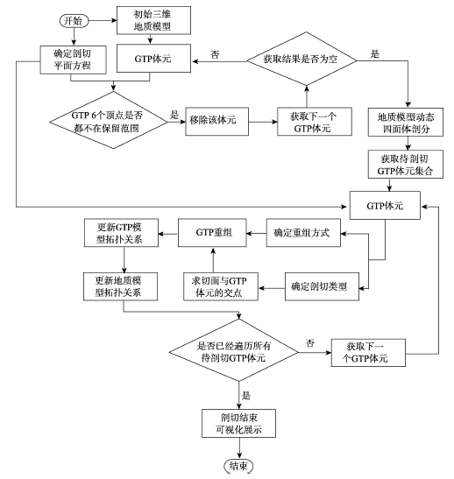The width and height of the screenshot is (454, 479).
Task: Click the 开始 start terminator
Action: point(74,21)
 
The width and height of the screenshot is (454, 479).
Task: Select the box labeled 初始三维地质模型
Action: point(153,20)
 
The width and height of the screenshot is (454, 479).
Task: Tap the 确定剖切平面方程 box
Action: point(73,60)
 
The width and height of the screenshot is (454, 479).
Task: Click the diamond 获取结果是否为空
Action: point(301,59)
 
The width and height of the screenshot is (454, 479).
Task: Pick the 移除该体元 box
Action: point(216,121)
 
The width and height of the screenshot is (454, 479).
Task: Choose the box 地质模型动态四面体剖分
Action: point(406,122)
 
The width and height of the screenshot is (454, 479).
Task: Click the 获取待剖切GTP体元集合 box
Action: point(406,164)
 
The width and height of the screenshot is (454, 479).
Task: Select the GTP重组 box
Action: point(212,233)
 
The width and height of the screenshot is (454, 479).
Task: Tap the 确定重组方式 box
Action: point(303,233)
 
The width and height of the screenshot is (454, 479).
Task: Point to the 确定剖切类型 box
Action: point(322,286)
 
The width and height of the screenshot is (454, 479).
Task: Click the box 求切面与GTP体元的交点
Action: point(221,286)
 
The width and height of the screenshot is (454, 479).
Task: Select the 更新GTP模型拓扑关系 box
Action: point(121,233)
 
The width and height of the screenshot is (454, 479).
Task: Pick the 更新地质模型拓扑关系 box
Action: point(120,286)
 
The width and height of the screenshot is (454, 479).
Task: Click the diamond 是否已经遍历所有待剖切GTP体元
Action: point(234,350)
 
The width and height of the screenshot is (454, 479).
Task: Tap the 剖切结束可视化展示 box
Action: point(238,424)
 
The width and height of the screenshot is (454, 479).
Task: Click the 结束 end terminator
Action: point(238,466)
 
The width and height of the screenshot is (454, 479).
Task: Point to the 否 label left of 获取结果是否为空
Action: point(215,54)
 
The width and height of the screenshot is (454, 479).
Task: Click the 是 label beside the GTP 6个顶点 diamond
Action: point(174,115)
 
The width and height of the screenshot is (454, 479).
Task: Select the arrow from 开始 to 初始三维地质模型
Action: point(103,21)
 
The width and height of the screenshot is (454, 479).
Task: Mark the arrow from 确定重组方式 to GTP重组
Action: point(256,234)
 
